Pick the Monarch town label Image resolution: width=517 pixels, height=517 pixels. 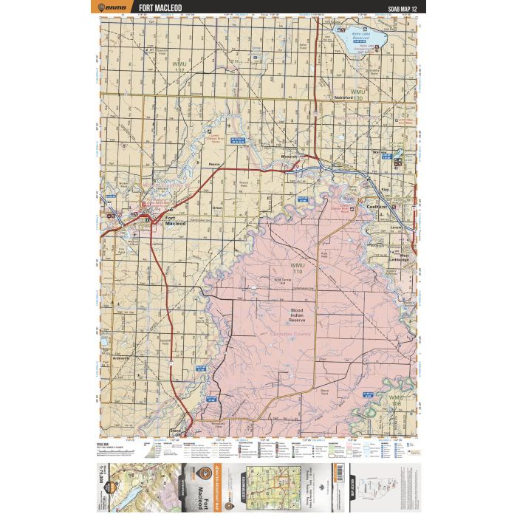click(x=290, y=157)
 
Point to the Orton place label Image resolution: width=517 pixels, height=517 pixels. click(x=217, y=208)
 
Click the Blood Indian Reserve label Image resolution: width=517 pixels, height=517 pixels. click(x=296, y=315)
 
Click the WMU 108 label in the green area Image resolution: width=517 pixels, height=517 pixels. click(x=397, y=400)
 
